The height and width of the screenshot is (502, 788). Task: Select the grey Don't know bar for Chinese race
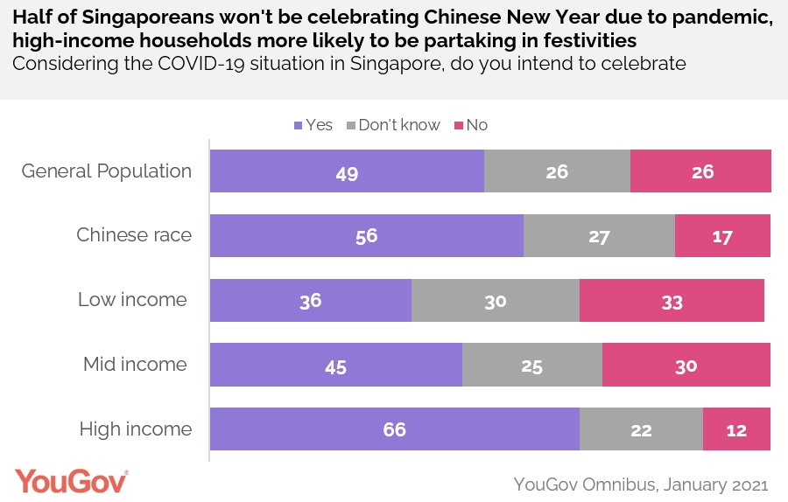tap(599, 236)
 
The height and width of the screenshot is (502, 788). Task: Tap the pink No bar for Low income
tap(672, 301)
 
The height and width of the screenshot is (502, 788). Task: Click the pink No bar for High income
tap(736, 429)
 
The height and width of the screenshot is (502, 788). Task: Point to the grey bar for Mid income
tap(531, 365)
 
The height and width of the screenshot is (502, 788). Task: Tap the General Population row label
tap(107, 171)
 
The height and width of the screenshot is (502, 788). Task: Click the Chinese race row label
tap(133, 235)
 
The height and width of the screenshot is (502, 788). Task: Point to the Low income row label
tap(132, 300)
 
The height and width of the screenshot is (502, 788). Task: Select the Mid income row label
tap(135, 365)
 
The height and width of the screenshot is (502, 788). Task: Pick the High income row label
tap(135, 429)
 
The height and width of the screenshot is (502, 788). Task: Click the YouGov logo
tap(71, 483)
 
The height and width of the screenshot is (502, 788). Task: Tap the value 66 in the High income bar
tap(394, 429)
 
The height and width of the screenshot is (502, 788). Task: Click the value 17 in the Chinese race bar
tap(722, 236)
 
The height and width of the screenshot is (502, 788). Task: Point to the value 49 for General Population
tap(347, 172)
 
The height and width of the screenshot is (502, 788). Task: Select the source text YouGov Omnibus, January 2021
tap(641, 484)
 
